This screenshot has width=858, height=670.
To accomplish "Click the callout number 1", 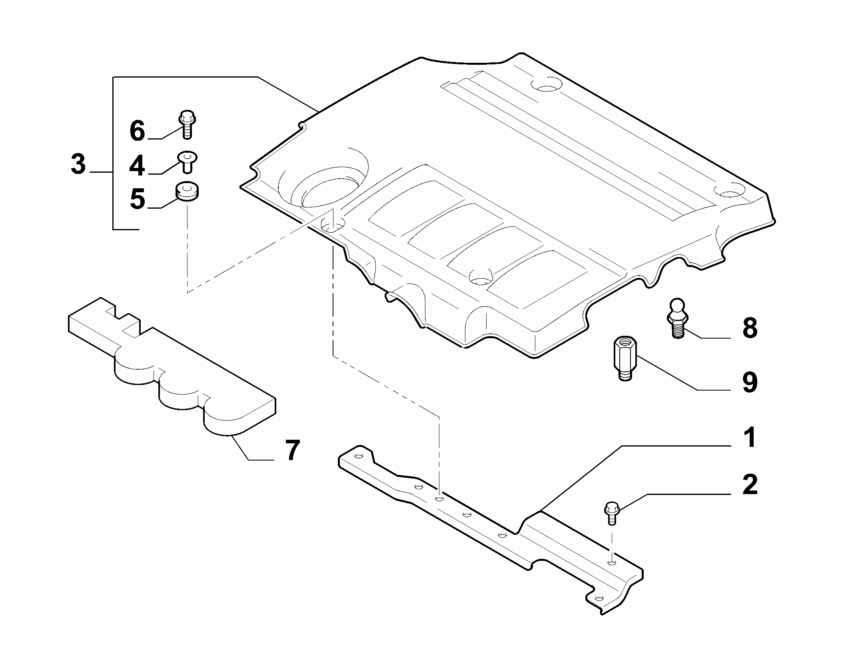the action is tap(749, 438).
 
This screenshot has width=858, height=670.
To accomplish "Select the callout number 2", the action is tap(750, 485).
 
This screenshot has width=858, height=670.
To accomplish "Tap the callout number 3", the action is tap(78, 164).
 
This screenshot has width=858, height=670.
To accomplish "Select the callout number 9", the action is tap(750, 382).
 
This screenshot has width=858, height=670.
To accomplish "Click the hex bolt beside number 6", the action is tap(187, 124).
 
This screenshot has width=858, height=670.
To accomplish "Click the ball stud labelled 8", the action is tap(677, 318).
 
